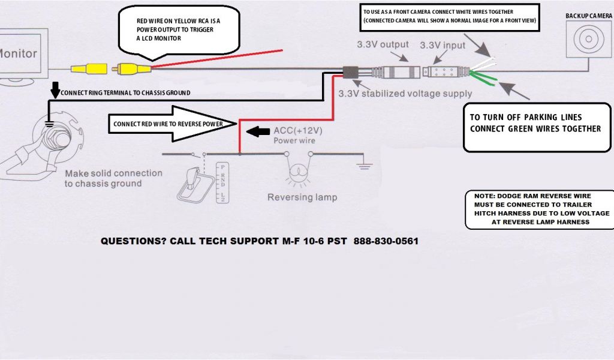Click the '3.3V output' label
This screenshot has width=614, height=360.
pyautogui.click(x=383, y=44)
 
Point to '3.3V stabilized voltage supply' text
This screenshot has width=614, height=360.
pyautogui.click(x=405, y=94)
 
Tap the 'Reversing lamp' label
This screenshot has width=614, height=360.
pyautogui.click(x=302, y=197)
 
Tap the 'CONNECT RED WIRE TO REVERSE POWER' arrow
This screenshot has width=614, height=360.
pyautogui.click(x=174, y=123)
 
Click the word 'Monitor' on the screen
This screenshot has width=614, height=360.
pyautogui.click(x=18, y=53)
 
